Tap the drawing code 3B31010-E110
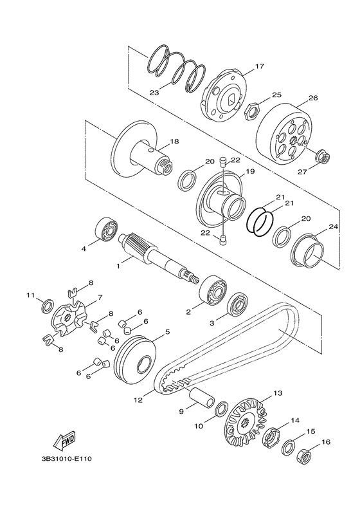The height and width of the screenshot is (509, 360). [x=67, y=459]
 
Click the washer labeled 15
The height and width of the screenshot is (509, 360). [x=289, y=448]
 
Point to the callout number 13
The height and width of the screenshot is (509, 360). [x=278, y=393]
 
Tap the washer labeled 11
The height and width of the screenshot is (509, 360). [x=49, y=306]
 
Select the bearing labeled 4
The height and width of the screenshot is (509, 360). [x=106, y=229]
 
